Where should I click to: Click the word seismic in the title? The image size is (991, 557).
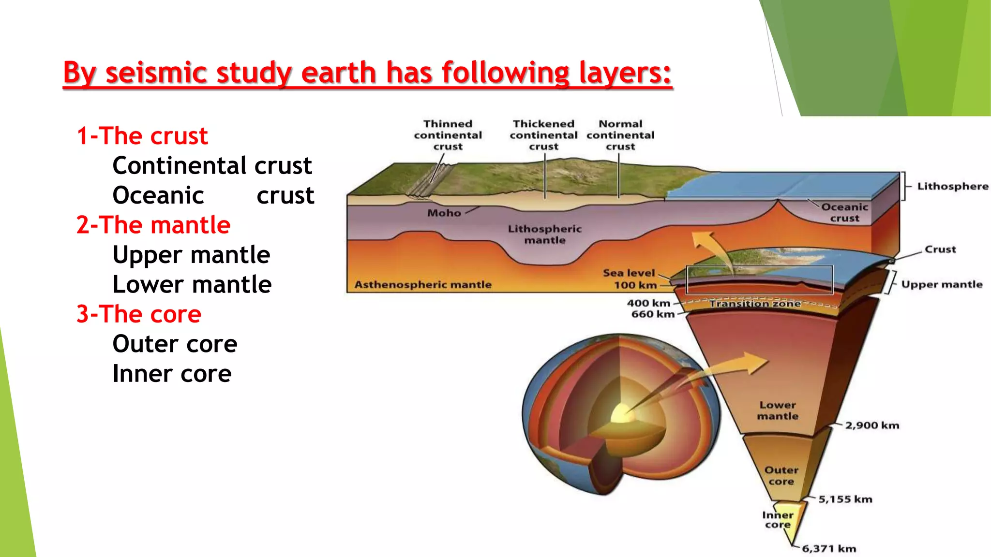click(x=156, y=73)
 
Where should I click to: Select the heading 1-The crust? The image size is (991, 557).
click(x=142, y=136)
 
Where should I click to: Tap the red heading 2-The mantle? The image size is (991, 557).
click(x=153, y=225)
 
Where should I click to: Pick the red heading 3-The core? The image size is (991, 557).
click(x=138, y=314)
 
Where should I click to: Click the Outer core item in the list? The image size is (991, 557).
click(x=175, y=344)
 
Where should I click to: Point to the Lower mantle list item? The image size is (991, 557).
click(x=192, y=285)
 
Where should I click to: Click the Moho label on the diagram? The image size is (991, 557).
click(x=444, y=213)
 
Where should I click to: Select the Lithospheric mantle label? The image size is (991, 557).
click(x=544, y=235)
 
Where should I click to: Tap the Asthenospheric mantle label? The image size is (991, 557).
click(x=423, y=285)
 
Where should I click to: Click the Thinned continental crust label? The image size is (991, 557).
click(x=448, y=135)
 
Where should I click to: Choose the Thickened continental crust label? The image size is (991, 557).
click(x=543, y=135)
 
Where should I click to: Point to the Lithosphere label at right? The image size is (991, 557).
click(x=952, y=187)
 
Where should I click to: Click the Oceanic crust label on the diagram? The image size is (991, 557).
click(x=844, y=213)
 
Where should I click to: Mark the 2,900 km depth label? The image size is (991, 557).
click(x=872, y=425)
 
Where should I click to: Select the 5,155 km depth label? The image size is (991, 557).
click(x=845, y=499)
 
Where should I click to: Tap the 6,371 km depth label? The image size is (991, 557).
click(x=828, y=549)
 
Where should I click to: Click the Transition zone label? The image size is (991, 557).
click(x=755, y=304)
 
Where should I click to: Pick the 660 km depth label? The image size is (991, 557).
click(x=652, y=314)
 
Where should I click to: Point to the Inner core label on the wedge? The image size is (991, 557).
click(x=777, y=520)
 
